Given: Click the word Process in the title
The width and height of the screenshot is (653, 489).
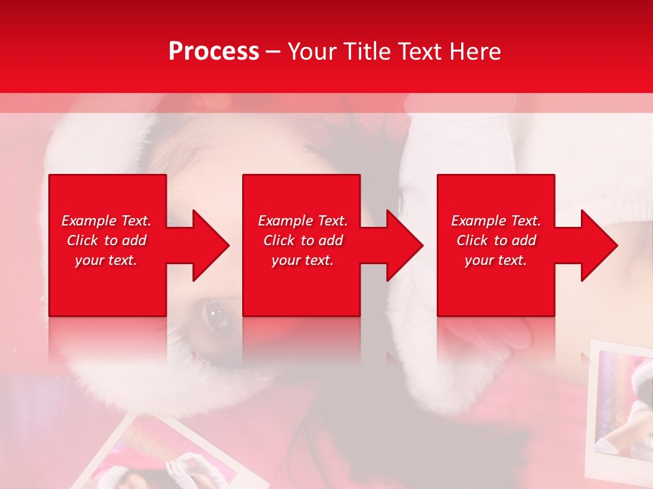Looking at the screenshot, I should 214,52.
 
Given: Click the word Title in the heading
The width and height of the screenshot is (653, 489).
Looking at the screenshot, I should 365,52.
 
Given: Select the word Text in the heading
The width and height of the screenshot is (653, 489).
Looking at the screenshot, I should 421,52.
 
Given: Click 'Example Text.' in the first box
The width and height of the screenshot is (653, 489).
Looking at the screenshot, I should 106,221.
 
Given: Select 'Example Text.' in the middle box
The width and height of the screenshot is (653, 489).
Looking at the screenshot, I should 302,221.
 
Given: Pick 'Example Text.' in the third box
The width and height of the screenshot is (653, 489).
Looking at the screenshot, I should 496,221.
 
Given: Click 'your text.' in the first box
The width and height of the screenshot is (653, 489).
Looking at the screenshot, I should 106,260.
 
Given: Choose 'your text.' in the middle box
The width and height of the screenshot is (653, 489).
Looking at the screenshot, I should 302,260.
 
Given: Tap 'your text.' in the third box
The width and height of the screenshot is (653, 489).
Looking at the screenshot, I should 496,260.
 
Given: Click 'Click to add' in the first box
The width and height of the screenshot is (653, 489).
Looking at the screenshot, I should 106,240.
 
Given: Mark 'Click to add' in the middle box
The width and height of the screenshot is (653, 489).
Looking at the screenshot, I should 302,240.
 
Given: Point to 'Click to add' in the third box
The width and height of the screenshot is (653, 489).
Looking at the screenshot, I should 496,240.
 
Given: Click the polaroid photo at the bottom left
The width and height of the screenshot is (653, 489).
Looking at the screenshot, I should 170,455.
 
